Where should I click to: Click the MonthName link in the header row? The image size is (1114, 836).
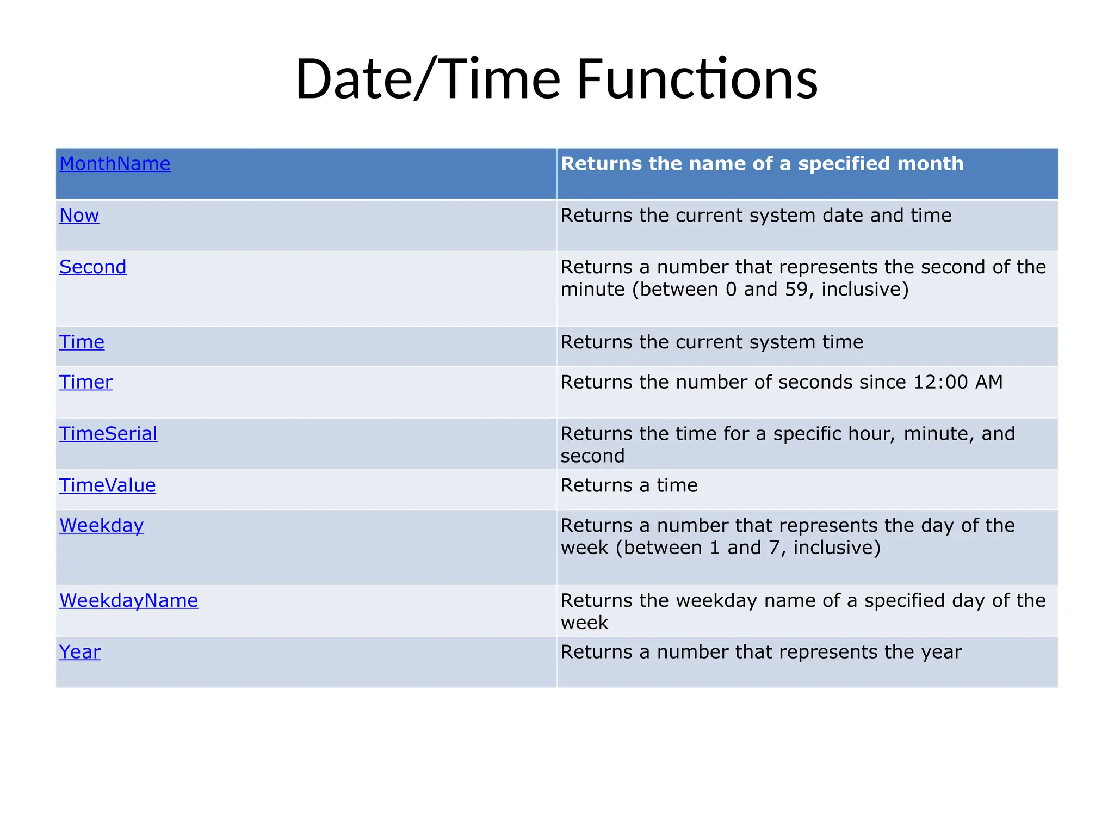coord(115,164)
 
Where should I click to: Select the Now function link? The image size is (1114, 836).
coord(79,216)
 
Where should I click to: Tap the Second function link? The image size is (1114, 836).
coord(93,267)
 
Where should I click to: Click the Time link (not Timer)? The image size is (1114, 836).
coord(82,342)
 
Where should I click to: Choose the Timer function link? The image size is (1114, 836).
coord(86,382)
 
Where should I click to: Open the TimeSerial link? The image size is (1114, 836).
coord(108,434)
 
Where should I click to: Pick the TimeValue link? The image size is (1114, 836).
coord(108,485)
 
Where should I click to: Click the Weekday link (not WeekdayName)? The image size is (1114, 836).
coord(102,526)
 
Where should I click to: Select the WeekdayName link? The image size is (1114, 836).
coord(129,601)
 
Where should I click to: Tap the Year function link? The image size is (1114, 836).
coord(80,652)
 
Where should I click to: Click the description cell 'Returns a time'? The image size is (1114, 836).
coord(629,485)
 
